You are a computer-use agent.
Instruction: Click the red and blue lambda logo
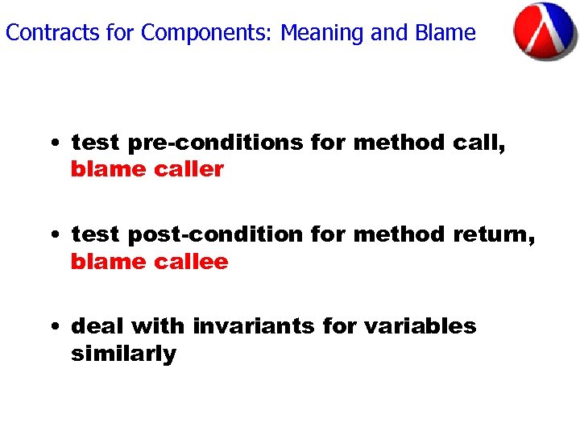coord(545,31)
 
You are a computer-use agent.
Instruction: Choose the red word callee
coord(187,262)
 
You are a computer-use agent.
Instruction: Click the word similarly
coord(123,354)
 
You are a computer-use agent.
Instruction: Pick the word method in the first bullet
coord(399,143)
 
